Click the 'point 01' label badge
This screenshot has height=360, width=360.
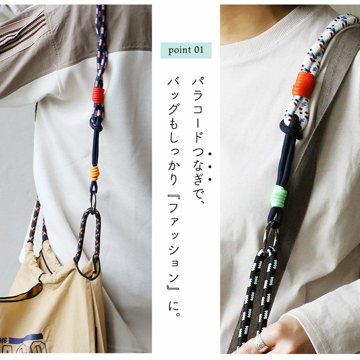pos(185,50)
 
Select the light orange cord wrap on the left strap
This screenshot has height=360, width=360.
pos(94,173)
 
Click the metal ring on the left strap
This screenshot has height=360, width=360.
pos(93,202)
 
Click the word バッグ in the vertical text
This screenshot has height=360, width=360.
pos(174,96)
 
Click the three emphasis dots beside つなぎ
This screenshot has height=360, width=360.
pos(209,166)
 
